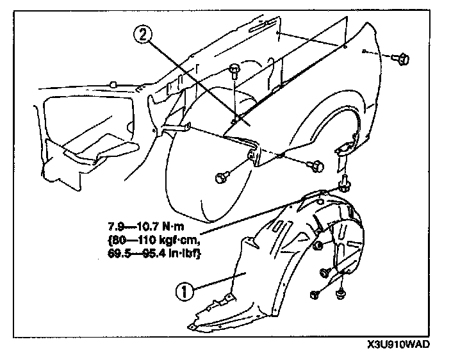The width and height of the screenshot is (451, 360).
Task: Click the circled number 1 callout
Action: click(x=184, y=292)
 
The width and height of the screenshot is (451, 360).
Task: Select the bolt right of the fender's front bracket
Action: click(x=315, y=165)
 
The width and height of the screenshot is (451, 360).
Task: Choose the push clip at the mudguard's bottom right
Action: click(x=340, y=295)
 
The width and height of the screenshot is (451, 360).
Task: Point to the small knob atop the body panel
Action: click(x=113, y=83)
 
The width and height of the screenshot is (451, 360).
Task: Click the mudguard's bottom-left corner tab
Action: click(x=193, y=328)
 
